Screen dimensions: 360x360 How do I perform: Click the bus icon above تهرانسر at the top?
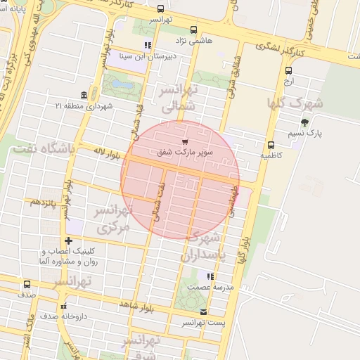point(162,10)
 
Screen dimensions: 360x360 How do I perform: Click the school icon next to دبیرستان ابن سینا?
point(147,45)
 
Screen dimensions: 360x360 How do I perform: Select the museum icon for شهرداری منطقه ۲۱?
point(85,96)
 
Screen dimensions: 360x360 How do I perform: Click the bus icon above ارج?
point(288,70)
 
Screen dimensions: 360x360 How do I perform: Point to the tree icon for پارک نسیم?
point(304,122)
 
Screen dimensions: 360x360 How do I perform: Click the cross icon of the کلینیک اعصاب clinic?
point(67,241)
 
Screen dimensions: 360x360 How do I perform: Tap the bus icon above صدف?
point(27,285)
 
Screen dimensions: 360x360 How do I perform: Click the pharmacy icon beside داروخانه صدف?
point(63,307)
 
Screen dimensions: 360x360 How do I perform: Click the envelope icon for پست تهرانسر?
point(204,312)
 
